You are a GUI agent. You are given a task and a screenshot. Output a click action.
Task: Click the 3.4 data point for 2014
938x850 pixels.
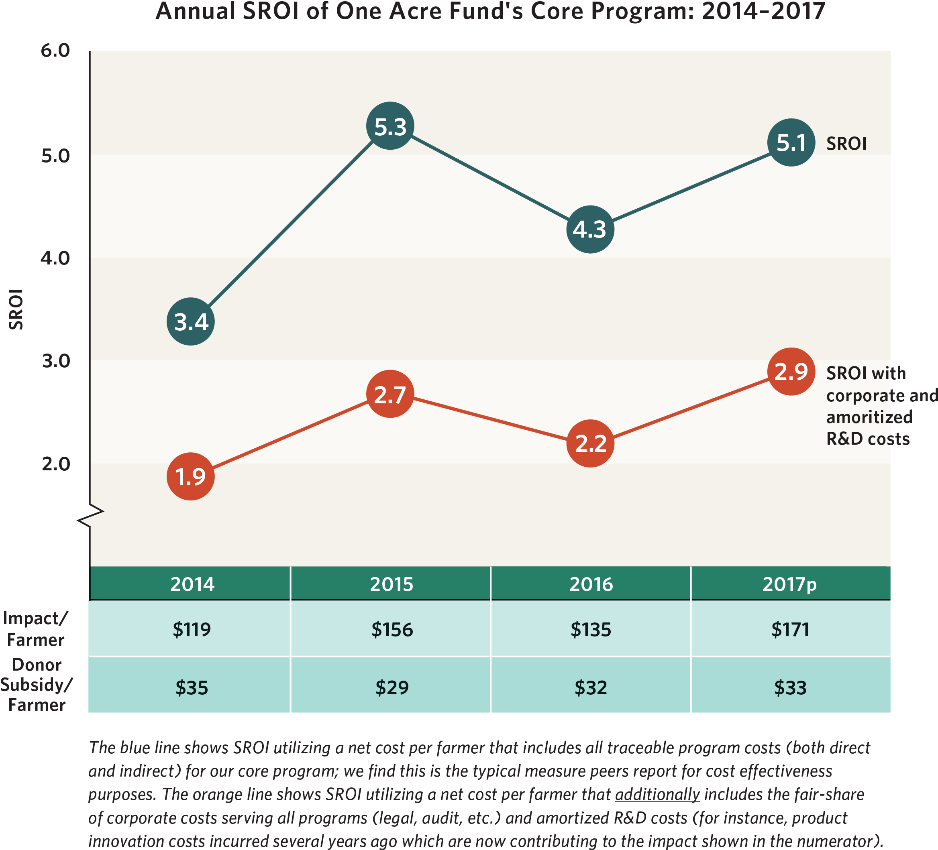[190, 322]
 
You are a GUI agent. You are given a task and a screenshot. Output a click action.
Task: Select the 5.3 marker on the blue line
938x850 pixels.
[390, 126]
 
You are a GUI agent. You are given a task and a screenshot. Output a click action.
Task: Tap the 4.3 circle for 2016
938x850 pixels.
[590, 229]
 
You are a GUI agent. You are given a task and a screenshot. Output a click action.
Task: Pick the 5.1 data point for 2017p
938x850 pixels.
[791, 143]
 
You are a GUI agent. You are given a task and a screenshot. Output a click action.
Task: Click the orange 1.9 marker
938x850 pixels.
[190, 477]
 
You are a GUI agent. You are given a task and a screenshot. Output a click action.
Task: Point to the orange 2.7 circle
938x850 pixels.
[390, 394]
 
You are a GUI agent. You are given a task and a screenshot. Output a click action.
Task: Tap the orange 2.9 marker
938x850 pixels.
[791, 372]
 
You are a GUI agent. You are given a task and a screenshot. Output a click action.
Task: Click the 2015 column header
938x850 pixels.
[391, 584]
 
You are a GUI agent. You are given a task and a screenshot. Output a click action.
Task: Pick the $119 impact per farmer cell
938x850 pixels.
[192, 630]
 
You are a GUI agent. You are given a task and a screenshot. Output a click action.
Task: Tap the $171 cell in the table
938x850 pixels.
[790, 630]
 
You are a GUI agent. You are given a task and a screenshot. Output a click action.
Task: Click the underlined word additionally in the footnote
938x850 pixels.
[657, 794]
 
